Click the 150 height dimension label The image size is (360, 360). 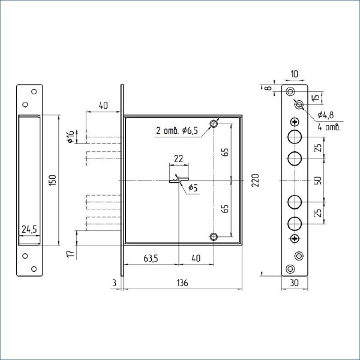pyautogui.click(x=53, y=180)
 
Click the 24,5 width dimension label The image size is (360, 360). pyautogui.click(x=29, y=229)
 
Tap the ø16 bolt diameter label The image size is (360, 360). pyautogui.click(x=71, y=137)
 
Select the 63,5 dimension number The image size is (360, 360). pyautogui.click(x=151, y=259)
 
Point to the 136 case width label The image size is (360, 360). pyautogui.click(x=182, y=283)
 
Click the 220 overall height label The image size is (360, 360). pyautogui.click(x=255, y=181)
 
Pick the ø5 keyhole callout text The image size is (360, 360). pyautogui.click(x=193, y=188)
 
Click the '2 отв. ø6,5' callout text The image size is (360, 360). pyautogui.click(x=177, y=131)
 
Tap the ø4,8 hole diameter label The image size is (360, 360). pyautogui.click(x=326, y=115)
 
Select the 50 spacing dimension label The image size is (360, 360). pyautogui.click(x=318, y=180)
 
